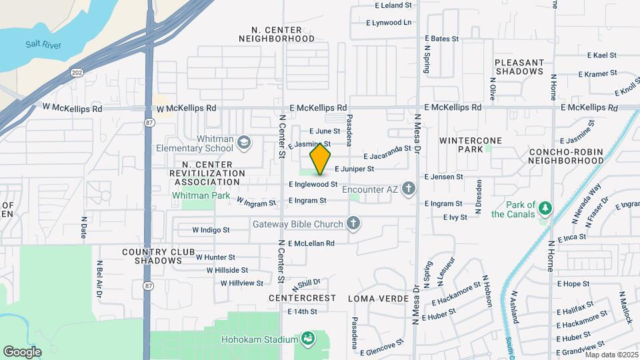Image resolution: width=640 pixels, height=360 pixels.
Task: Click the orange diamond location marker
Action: pos(321,159)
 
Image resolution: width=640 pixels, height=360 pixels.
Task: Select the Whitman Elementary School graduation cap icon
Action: pos(245,142)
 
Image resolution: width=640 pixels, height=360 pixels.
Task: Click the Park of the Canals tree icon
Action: pos(545,209)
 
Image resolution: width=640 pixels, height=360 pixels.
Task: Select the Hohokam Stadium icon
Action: pos(308,339)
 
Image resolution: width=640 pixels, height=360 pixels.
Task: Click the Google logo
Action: pos(22,351)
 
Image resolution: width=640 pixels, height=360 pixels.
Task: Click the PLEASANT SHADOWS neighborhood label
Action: pos(519,67)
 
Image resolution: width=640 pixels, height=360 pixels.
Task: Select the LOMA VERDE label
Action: pos(378,298)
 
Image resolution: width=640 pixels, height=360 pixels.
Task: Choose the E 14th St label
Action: pos(302,311)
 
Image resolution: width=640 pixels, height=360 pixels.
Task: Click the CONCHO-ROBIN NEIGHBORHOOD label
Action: pos(566,156)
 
